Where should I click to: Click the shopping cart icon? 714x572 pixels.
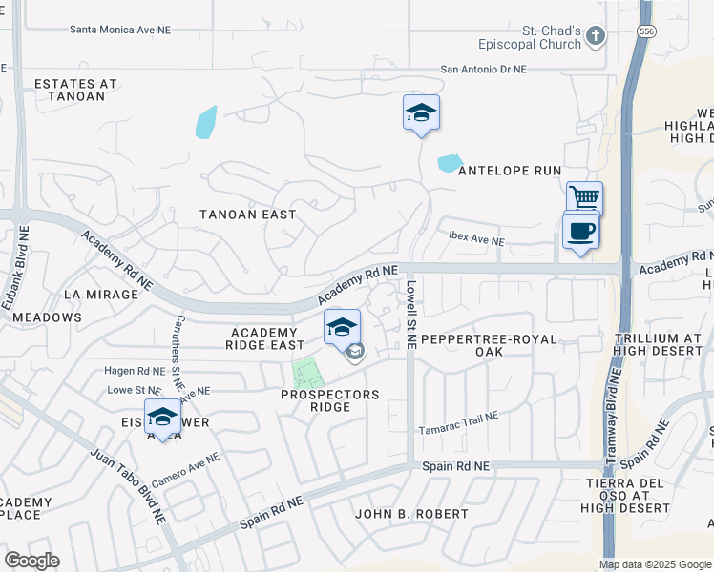(584, 198)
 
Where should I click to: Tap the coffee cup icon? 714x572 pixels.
(580, 231)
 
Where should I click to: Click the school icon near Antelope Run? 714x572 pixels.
(421, 112)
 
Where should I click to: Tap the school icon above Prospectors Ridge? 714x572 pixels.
(342, 327)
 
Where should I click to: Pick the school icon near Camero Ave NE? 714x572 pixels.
(162, 417)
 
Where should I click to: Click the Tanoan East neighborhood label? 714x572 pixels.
(247, 214)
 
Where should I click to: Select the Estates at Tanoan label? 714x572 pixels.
(75, 90)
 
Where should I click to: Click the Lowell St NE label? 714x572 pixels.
(410, 314)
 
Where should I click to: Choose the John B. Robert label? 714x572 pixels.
(411, 513)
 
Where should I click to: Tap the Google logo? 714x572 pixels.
(31, 561)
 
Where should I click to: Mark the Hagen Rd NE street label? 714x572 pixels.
(135, 371)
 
